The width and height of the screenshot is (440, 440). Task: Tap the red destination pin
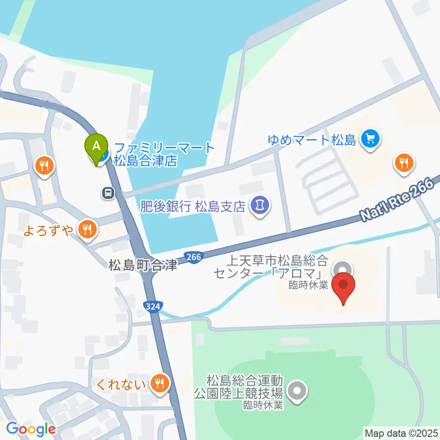344,286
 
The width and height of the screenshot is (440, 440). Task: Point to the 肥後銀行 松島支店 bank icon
260,204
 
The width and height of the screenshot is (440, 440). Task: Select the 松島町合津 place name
143,265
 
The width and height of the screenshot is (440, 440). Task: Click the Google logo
31,429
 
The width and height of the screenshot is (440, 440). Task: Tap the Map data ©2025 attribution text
401,432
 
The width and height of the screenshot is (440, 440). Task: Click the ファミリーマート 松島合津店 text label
164,154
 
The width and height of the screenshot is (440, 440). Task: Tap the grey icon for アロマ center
342,267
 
